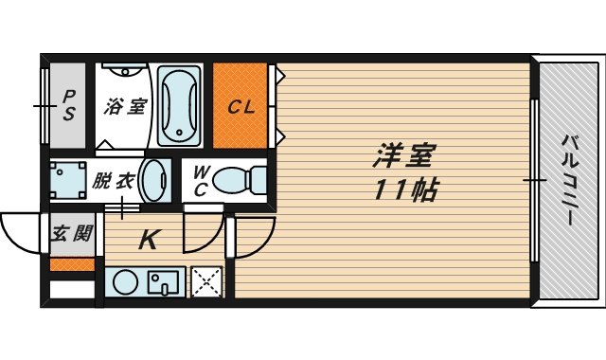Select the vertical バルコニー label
(570, 180)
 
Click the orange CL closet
(241, 106)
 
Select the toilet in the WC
(241, 179)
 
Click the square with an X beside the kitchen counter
(205, 281)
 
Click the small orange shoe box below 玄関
(72, 264)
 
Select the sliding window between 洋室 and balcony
(533, 180)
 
